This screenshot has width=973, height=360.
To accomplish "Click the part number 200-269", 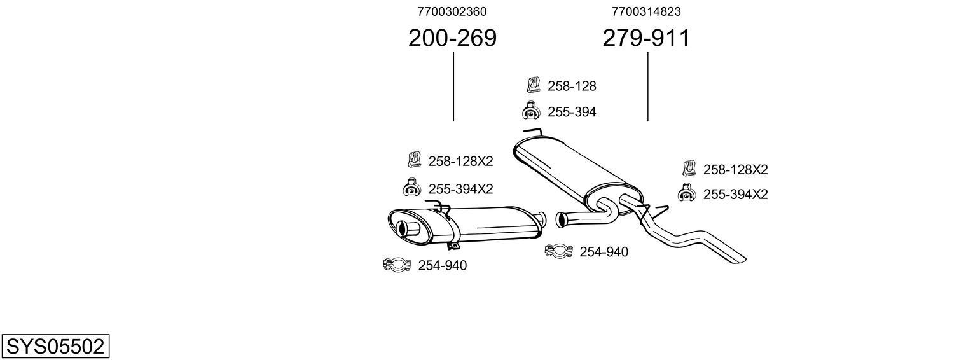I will tap(452, 39).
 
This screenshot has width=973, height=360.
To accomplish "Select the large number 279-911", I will tap(646, 39).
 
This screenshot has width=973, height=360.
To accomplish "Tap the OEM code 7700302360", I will tap(452, 11).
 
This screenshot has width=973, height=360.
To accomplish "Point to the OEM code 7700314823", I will tap(646, 11).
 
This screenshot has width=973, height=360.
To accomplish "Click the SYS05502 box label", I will tap(55, 347).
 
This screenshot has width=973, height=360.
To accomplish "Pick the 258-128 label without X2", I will tap(572, 86).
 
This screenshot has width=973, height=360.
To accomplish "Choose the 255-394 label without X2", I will tap(572, 113).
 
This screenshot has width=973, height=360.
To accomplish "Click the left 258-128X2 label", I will tap(460, 162).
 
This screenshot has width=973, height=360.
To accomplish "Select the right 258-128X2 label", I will tap(735, 170).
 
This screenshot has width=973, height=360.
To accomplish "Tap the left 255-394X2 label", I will tap(460, 189).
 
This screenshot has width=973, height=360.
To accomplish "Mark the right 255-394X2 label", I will tap(735, 195).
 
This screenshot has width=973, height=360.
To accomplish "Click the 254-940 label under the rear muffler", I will tap(442, 266).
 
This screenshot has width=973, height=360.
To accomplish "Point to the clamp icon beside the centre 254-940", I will tap(559, 251).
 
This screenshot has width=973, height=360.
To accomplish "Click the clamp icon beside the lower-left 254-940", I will tap(397, 265).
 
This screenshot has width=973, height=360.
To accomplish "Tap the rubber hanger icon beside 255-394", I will tap(531, 111).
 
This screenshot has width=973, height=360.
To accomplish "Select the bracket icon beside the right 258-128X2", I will tap(689, 168).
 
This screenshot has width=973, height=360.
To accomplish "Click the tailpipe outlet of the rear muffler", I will tap(404, 228).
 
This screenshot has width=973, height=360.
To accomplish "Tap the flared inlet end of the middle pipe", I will tap(561, 220).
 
